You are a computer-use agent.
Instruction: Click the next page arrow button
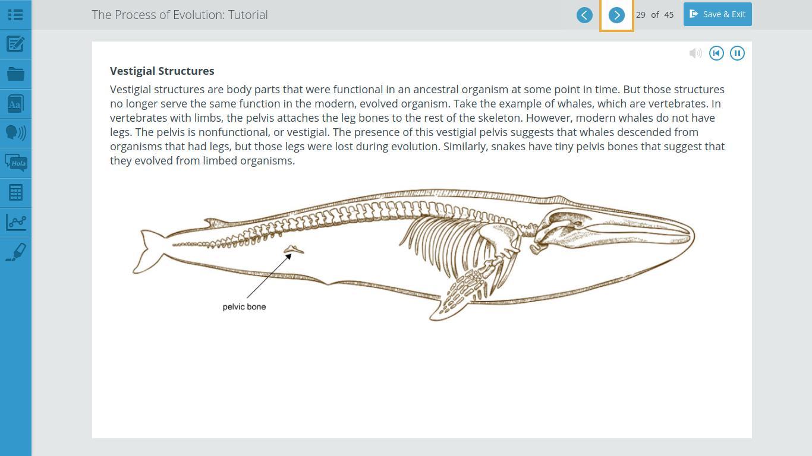click(x=616, y=15)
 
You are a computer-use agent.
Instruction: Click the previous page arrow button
click(x=584, y=15)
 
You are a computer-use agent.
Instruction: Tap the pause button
click(x=737, y=53)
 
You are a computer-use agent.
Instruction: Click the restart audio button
click(x=716, y=53)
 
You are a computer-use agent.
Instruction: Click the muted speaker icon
click(x=695, y=53)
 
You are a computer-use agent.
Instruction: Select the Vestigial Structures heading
click(x=162, y=71)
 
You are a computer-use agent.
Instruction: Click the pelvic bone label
click(x=244, y=307)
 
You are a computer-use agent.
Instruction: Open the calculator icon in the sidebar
click(x=15, y=192)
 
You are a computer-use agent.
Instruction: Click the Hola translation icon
click(x=15, y=163)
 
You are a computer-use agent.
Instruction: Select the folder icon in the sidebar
click(x=15, y=74)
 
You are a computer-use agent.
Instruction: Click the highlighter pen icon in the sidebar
click(x=15, y=252)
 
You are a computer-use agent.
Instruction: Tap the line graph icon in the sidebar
click(x=15, y=222)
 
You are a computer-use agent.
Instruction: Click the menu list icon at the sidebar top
click(x=15, y=15)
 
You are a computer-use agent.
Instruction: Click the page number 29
click(x=640, y=15)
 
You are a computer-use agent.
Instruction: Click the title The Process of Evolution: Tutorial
click(x=180, y=15)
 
